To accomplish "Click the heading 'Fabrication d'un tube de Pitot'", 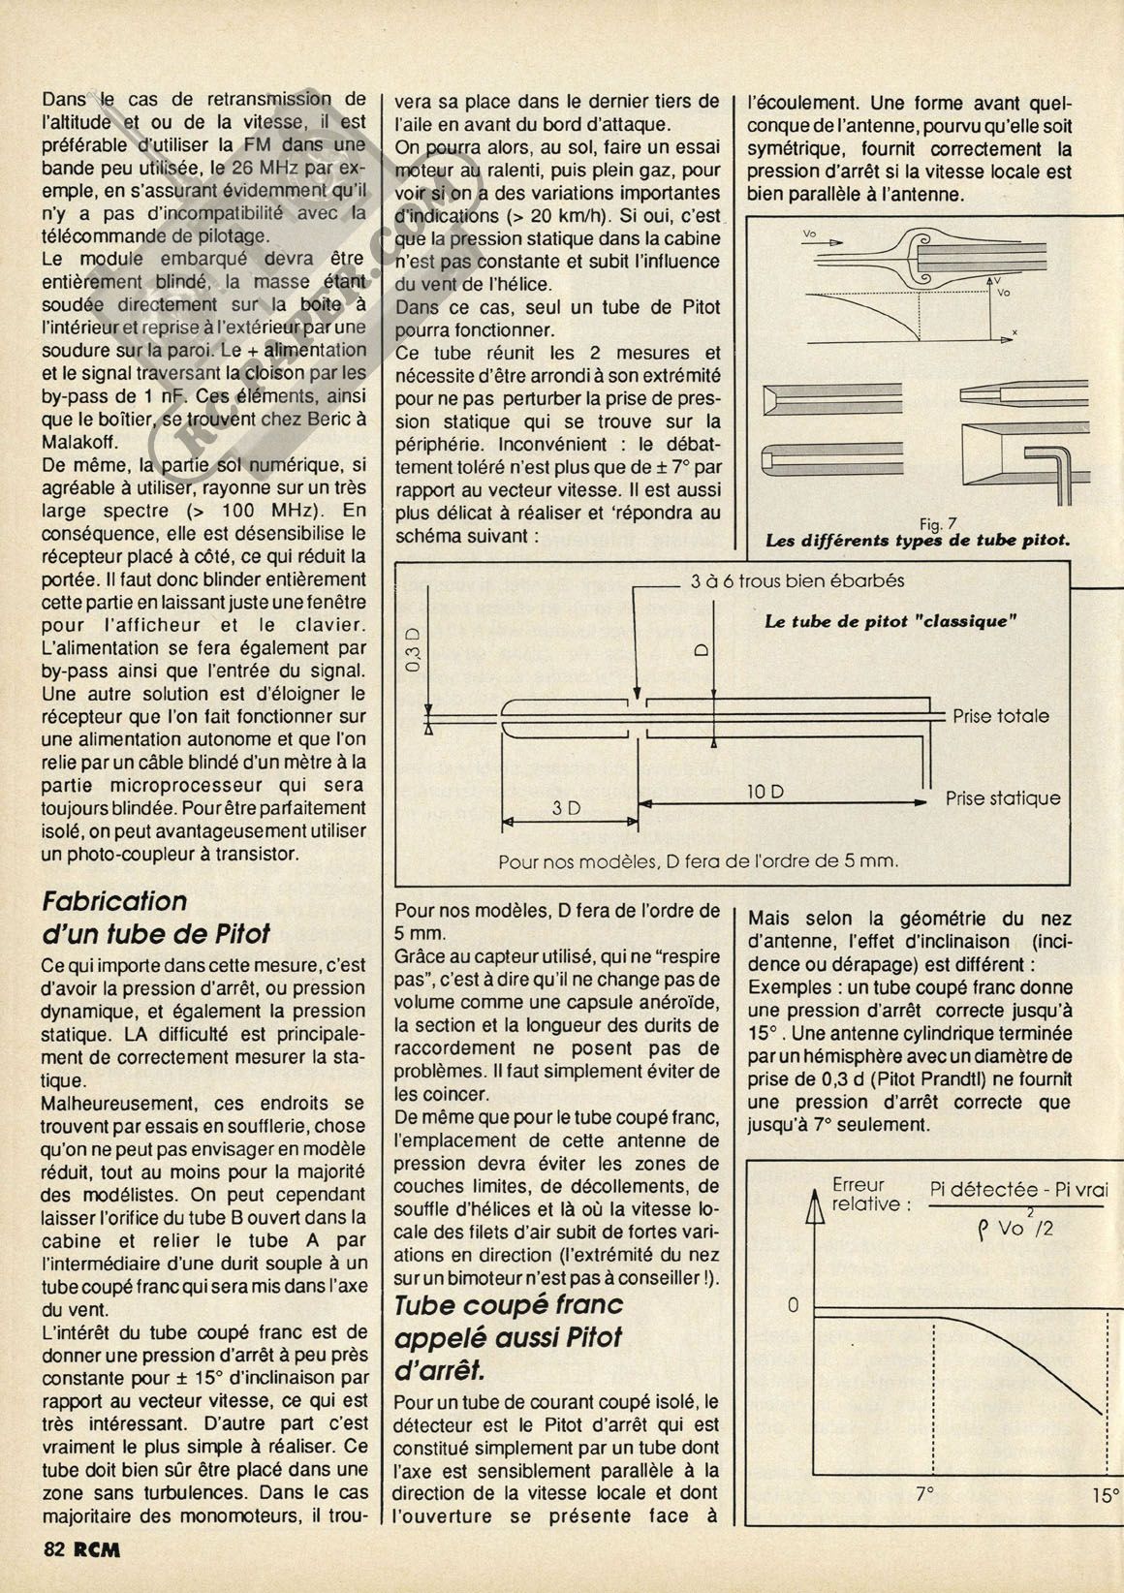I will point(155,917).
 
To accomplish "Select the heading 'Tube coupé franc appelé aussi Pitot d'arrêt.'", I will point(509,1337).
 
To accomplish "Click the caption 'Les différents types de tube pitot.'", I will point(918,541).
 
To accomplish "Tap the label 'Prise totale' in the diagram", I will point(1001,716).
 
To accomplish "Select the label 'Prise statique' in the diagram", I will point(1003,799).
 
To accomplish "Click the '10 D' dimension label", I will point(765,792).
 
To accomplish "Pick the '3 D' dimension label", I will point(566,807).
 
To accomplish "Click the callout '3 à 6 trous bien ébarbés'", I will point(797,581).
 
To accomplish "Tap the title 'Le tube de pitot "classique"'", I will point(890,621).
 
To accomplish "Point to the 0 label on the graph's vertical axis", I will point(793,1305).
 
